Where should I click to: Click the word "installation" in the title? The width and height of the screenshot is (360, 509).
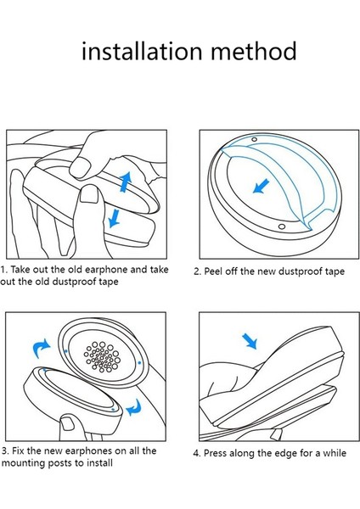coord(142,51)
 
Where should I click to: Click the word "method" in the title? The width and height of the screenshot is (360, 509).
coord(254,51)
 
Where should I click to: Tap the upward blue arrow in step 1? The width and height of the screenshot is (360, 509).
coord(125,182)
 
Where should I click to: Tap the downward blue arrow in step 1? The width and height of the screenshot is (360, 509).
coord(114,218)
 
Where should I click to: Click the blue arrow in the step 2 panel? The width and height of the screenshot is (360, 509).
coord(261,186)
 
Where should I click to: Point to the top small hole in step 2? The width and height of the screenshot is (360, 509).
coord(255,139)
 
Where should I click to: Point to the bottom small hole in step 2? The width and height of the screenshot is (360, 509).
coord(282,227)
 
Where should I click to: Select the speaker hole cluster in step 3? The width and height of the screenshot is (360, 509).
coord(102,357)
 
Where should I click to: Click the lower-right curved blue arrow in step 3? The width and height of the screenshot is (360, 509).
coord(134,408)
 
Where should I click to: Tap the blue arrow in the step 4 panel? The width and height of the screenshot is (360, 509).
coord(250,342)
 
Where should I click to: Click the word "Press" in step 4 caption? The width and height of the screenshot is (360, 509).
coord(215,453)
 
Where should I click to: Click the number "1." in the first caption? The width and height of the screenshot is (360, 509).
coord(4,270)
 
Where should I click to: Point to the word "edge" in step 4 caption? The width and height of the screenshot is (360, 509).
coord(287,454)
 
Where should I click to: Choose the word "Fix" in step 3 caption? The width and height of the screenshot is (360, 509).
coord(18,451)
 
